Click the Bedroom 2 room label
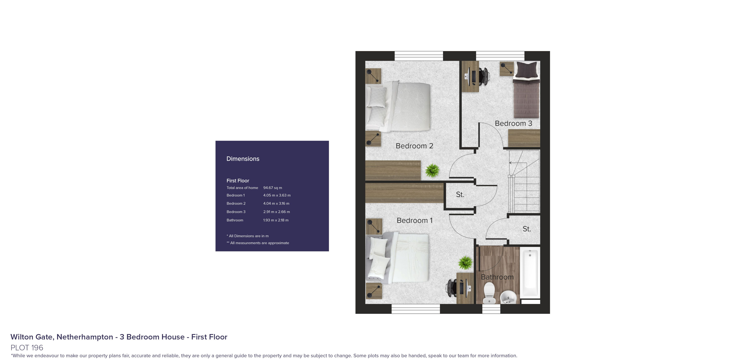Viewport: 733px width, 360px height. tap(414, 146)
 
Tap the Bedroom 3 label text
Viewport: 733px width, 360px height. tap(513, 124)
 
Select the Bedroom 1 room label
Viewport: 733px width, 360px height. tap(415, 221)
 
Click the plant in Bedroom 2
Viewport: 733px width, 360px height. tap(432, 170)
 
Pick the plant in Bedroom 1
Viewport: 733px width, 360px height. tap(466, 263)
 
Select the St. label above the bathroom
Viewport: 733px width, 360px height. tap(527, 229)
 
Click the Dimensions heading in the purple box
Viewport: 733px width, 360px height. tap(243, 159)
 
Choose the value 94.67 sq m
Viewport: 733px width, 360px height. tap(273, 188)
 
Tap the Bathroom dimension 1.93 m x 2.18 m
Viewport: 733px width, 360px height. tap(276, 220)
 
